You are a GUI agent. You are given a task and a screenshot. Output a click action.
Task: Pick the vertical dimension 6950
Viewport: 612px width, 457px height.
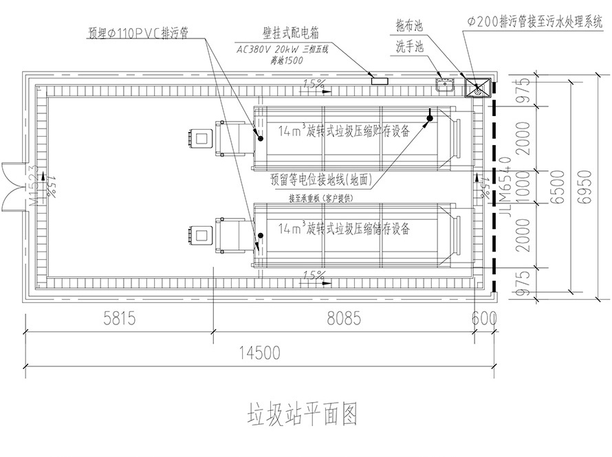(584, 185)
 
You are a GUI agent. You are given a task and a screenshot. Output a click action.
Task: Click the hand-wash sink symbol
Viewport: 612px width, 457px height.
(444, 85)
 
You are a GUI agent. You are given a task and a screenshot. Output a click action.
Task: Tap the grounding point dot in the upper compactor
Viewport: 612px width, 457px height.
(430, 119)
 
